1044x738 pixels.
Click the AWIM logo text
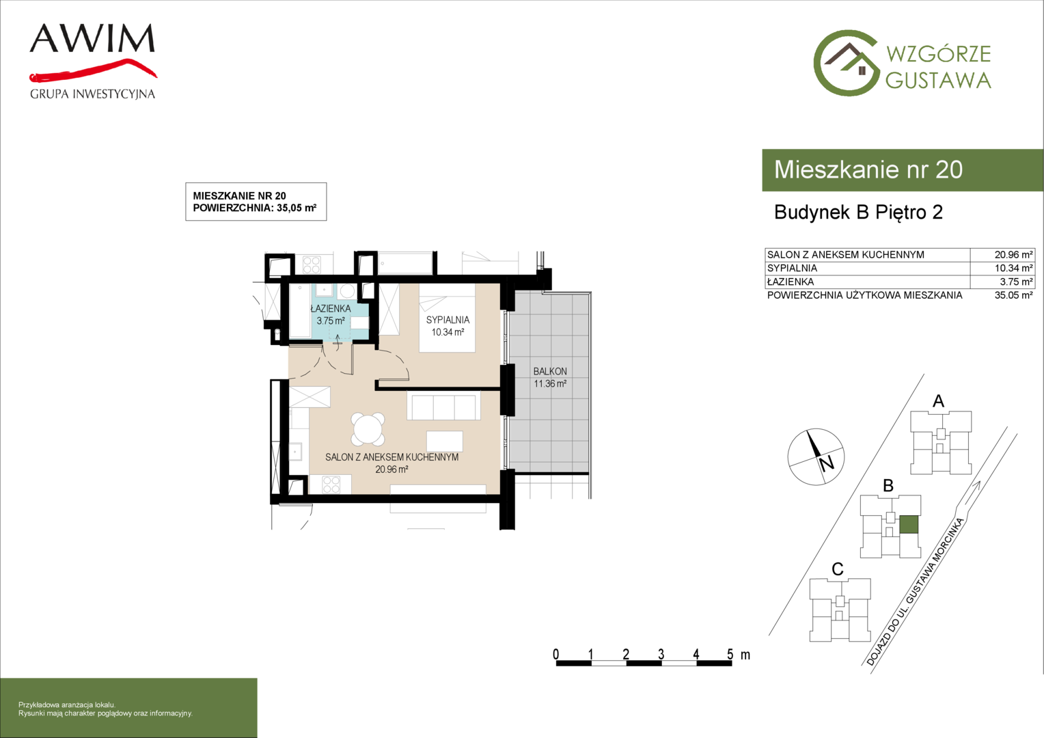click(92, 39)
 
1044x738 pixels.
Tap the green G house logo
click(846, 63)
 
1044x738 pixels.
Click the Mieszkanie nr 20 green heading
click(868, 169)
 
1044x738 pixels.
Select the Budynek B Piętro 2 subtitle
click(859, 212)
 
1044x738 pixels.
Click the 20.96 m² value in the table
click(1013, 255)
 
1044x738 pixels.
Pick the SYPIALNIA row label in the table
click(793, 268)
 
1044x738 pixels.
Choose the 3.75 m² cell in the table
click(1017, 282)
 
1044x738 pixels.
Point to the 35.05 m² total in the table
click(1013, 295)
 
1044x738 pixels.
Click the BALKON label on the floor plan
click(550, 372)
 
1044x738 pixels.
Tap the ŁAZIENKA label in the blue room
click(331, 308)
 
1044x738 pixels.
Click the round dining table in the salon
click(368, 429)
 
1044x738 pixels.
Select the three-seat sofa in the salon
click(443, 406)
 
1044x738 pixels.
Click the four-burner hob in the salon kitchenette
click(331, 484)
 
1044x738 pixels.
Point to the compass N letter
click(826, 464)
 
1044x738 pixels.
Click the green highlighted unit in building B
click(909, 524)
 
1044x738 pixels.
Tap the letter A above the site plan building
click(938, 401)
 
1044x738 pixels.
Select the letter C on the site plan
click(838, 569)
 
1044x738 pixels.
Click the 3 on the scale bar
click(661, 654)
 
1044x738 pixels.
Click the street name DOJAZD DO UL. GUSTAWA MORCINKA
click(915, 592)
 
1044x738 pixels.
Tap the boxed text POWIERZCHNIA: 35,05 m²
click(254, 208)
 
